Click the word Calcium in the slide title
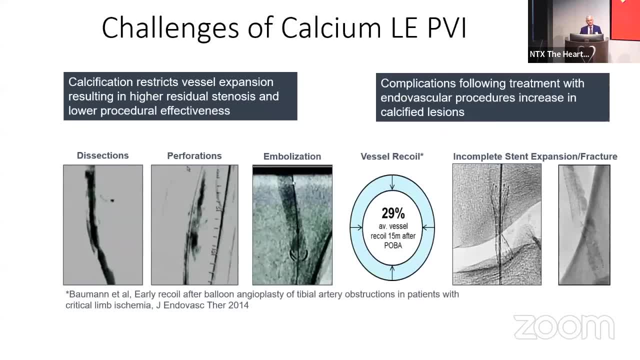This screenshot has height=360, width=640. pos(331,27)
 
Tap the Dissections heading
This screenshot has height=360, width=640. pos(103,155)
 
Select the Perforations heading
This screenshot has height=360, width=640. pos(194,155)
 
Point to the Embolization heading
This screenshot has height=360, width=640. pos(292,156)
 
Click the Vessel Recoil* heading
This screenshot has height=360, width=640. pos(392,156)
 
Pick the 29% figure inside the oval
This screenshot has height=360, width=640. pos(393,213)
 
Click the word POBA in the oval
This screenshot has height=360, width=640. pos(393,245)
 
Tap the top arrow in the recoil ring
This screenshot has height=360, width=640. pos(392,182)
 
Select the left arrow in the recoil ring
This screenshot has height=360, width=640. pos(356,227)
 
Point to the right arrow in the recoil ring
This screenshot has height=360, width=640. pos(428,227)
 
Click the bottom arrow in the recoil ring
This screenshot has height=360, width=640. pos(392,273)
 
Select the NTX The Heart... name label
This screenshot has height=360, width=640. pos(559,54)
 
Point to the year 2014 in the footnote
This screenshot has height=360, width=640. pos(238,305)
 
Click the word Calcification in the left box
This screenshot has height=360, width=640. pos(100,82)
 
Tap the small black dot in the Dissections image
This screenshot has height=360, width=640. pos(112,200)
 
